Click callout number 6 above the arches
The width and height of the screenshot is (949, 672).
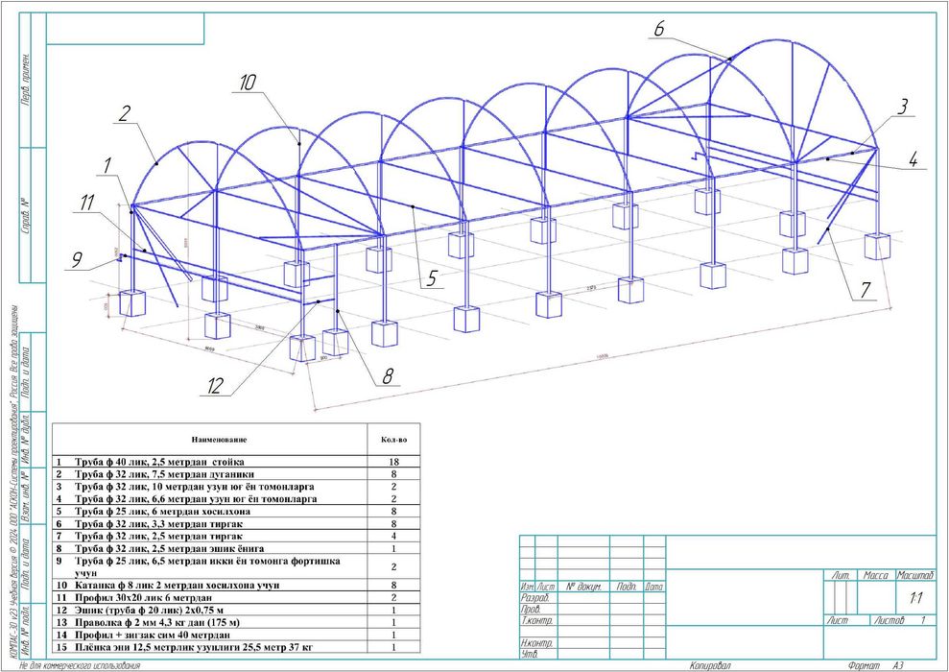coord(659,29)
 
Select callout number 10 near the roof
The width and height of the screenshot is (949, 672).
coord(248,84)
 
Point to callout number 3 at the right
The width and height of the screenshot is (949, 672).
coord(902,108)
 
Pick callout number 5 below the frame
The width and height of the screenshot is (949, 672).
coord(432,278)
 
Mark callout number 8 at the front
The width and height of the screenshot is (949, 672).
coord(388,376)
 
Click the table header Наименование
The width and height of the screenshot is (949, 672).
coord(219,440)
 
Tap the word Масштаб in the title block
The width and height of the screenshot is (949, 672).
coord(915,575)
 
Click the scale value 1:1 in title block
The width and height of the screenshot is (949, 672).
coord(915,597)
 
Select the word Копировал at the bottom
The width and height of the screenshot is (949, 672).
coord(710,664)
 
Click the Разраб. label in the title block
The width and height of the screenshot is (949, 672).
coord(534,598)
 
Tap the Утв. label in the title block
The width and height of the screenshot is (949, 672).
coord(529,655)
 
